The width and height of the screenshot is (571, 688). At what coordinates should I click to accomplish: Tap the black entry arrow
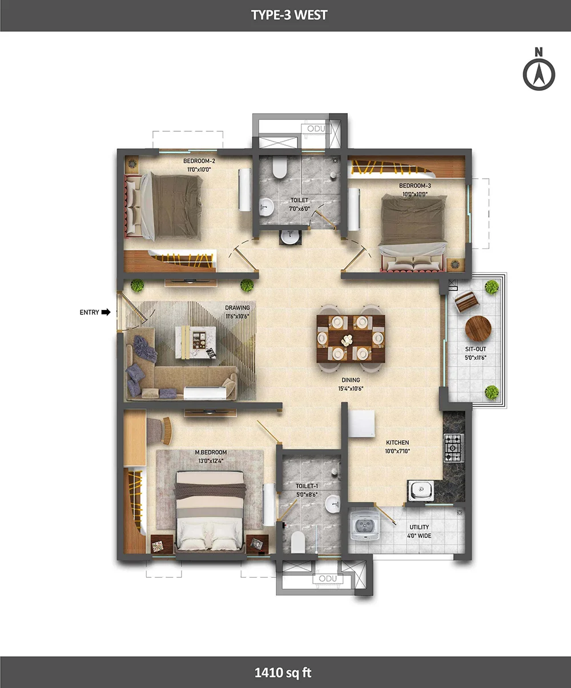click(106, 312)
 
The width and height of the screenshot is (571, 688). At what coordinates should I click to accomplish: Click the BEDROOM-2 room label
click(199, 161)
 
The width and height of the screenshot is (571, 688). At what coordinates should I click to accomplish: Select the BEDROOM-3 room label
click(415, 186)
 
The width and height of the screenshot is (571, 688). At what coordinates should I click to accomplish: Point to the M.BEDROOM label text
click(211, 452)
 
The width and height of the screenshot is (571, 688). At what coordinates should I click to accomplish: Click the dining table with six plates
click(351, 339)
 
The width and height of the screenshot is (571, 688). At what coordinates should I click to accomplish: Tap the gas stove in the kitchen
click(453, 448)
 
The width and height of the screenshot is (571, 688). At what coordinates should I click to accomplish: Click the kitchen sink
click(420, 490)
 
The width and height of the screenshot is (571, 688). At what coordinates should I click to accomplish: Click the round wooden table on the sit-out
click(478, 328)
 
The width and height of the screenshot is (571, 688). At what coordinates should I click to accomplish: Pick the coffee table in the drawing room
click(196, 342)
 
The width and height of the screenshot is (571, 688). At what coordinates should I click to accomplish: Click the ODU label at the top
click(316, 129)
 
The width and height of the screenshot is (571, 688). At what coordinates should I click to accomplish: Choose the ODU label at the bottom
click(328, 578)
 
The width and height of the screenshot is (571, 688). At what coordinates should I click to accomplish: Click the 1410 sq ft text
click(283, 673)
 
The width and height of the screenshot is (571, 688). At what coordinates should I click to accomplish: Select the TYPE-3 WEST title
click(289, 15)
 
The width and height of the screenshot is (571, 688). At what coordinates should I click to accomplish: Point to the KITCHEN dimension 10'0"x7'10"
click(397, 451)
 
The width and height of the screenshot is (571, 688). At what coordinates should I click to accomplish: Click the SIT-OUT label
click(476, 349)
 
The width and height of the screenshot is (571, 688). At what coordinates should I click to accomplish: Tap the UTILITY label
click(419, 527)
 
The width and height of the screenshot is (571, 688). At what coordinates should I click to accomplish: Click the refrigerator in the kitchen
click(362, 424)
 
